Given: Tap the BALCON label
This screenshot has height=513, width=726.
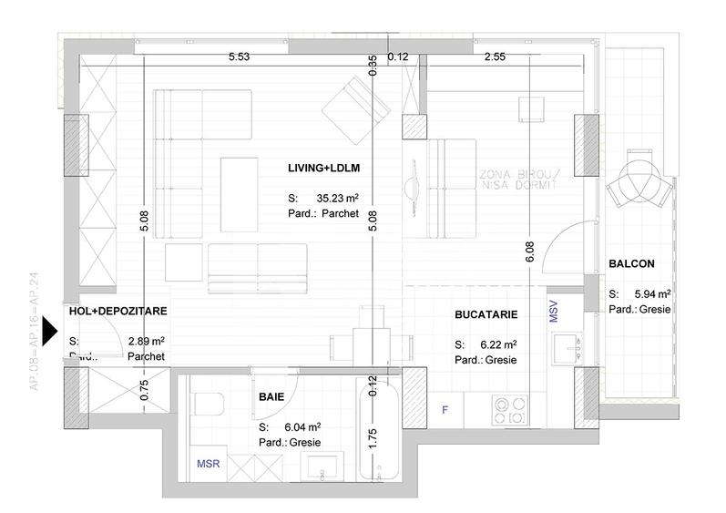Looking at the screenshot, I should coord(631,264).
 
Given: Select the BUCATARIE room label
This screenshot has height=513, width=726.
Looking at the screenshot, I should coord(486,314).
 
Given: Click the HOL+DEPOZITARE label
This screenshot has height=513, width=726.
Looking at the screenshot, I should coord(118,312).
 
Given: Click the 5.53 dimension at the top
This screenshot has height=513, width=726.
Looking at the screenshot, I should coord(240,57).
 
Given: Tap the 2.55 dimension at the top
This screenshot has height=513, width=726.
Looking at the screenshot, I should coord(496,57).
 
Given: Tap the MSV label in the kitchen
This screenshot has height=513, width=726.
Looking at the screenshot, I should coord(552,312).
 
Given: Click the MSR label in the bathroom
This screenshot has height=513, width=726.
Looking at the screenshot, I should coord(209,464).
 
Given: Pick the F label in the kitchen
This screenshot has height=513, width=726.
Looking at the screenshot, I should coord(445,408).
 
